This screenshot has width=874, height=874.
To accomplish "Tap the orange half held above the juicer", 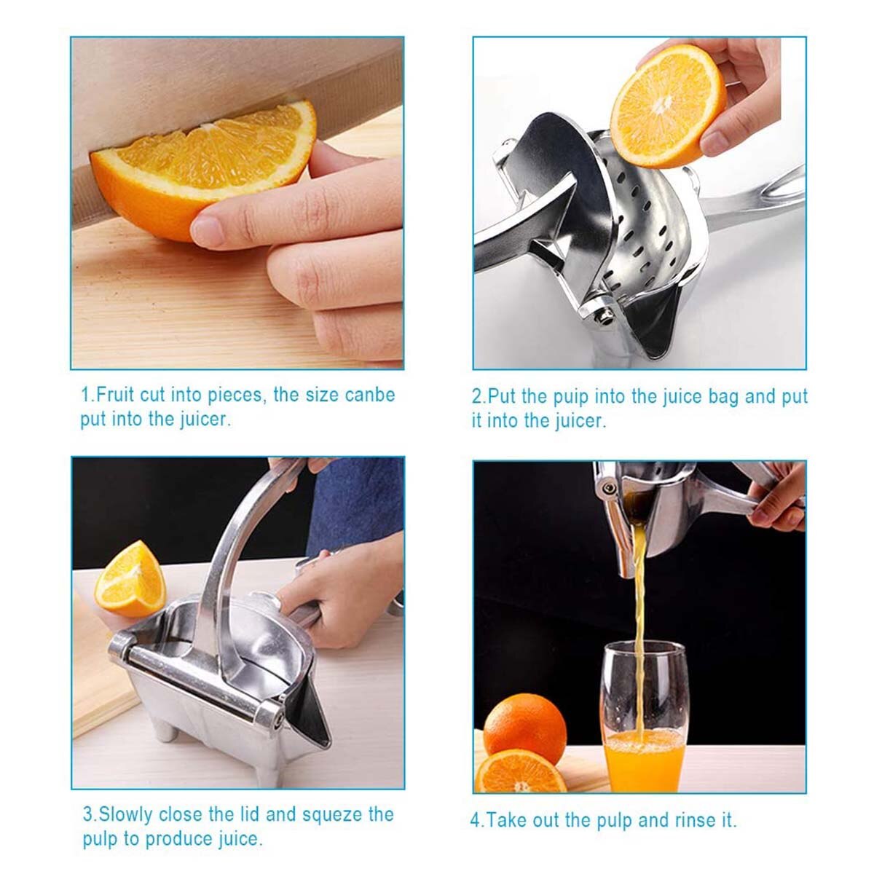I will (666, 106).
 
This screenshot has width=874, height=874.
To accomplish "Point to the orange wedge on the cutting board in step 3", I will (131, 579).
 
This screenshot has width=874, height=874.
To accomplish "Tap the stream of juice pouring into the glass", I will (639, 605).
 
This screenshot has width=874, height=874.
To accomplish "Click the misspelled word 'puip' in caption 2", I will (575, 397).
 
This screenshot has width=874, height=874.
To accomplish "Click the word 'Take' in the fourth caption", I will (507, 821).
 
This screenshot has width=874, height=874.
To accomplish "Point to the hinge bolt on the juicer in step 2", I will (602, 314).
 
